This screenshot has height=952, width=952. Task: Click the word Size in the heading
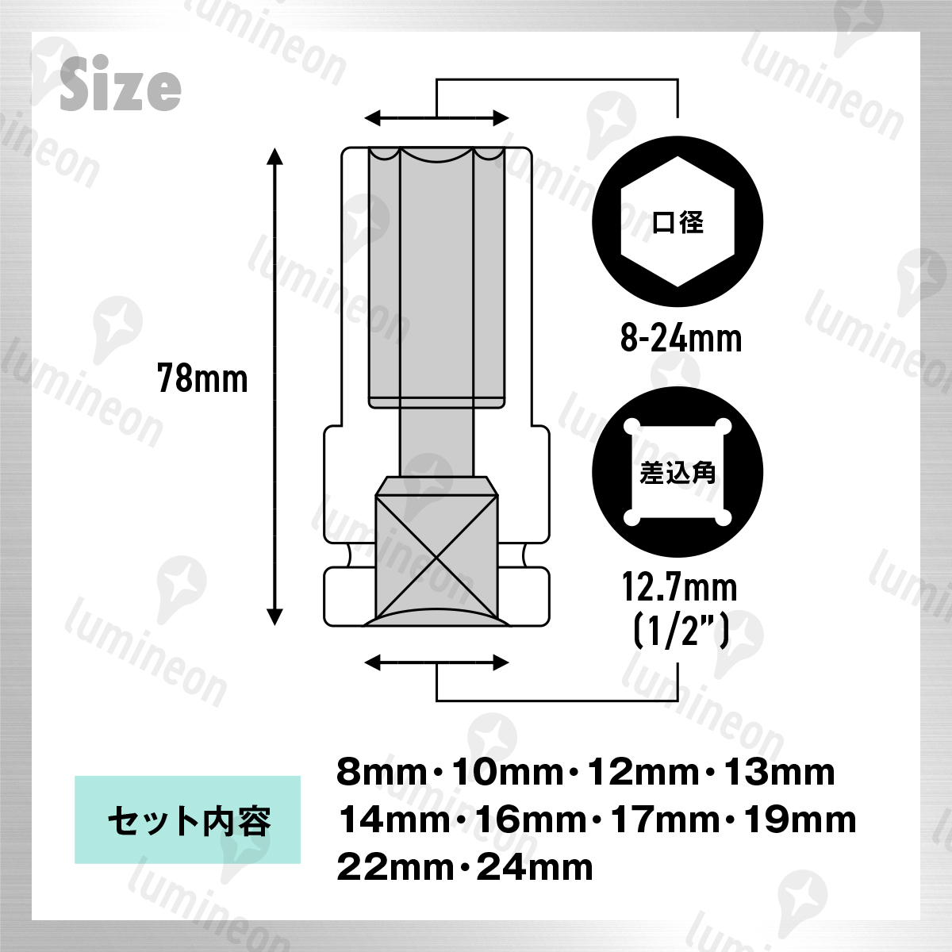tap(121, 83)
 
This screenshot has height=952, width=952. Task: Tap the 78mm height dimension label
tap(202, 379)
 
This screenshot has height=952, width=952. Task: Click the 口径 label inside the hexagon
tap(678, 222)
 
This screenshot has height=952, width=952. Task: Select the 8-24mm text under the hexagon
tap(681, 339)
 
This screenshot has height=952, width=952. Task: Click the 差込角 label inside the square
tap(678, 473)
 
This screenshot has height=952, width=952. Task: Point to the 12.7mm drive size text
tap(679, 587)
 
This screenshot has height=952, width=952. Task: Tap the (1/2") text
tap(681, 630)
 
